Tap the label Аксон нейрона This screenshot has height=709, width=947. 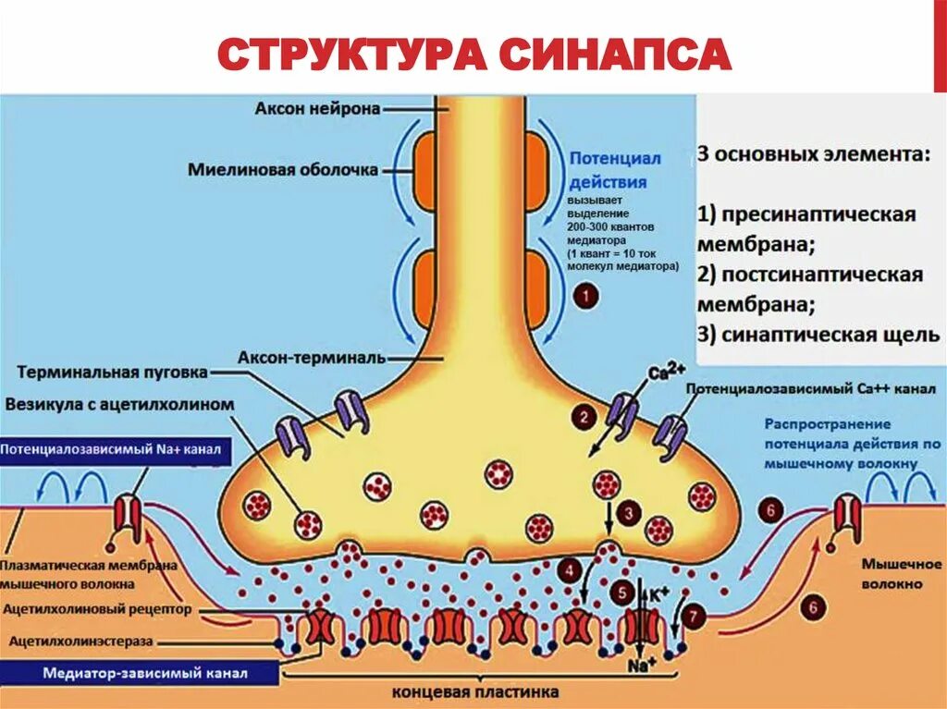click(317, 109)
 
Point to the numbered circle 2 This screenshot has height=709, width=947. click(584, 417)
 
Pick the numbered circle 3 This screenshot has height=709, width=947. click(628, 512)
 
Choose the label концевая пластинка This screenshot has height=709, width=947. click(475, 691)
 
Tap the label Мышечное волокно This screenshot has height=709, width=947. click(892, 573)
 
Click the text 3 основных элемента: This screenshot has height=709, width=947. click(813, 154)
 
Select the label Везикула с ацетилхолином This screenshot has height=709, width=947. click(119, 404)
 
